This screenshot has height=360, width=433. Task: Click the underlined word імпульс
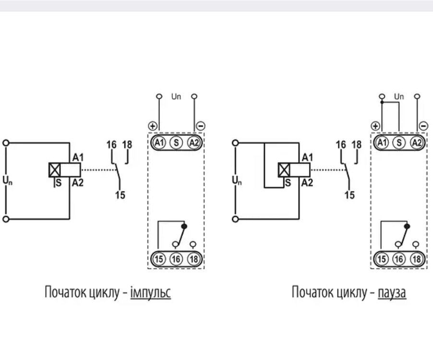click(151, 292)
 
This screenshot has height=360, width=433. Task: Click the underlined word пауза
click(392, 293)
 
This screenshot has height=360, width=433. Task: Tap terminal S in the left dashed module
click(176, 143)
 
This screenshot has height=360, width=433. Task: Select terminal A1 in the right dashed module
click(382, 143)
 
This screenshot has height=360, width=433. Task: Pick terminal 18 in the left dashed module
click(194, 259)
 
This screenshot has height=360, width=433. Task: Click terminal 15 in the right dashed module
click(382, 259)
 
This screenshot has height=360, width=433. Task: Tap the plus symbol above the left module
click(153, 126)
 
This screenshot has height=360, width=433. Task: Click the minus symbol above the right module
click(423, 126)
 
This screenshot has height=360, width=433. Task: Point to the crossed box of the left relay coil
click(54, 170)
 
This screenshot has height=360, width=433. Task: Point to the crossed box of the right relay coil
click(284, 170)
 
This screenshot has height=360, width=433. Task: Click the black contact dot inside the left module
click(184, 227)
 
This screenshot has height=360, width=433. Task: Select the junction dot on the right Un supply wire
click(382, 102)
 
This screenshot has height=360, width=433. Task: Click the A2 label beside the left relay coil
click(78, 183)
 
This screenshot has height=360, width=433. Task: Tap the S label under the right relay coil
click(288, 183)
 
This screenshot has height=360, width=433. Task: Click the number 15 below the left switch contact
click(120, 195)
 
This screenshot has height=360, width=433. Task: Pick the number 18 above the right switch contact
click(357, 144)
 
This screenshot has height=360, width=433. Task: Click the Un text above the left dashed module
click(176, 96)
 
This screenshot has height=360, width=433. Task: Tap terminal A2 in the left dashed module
click(194, 143)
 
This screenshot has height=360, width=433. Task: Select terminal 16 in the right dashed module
click(399, 259)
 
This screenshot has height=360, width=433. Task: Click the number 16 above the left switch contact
click(111, 144)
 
